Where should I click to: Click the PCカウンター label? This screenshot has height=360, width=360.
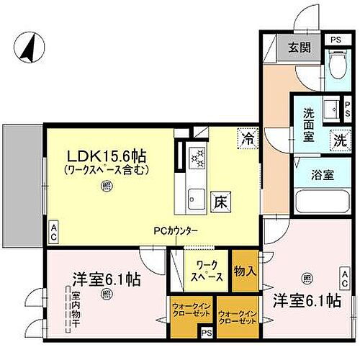[176, 231]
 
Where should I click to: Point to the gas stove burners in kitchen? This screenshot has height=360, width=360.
[196, 158]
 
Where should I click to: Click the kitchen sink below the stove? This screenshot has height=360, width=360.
[195, 196]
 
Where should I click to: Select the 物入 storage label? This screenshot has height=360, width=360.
[246, 271]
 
